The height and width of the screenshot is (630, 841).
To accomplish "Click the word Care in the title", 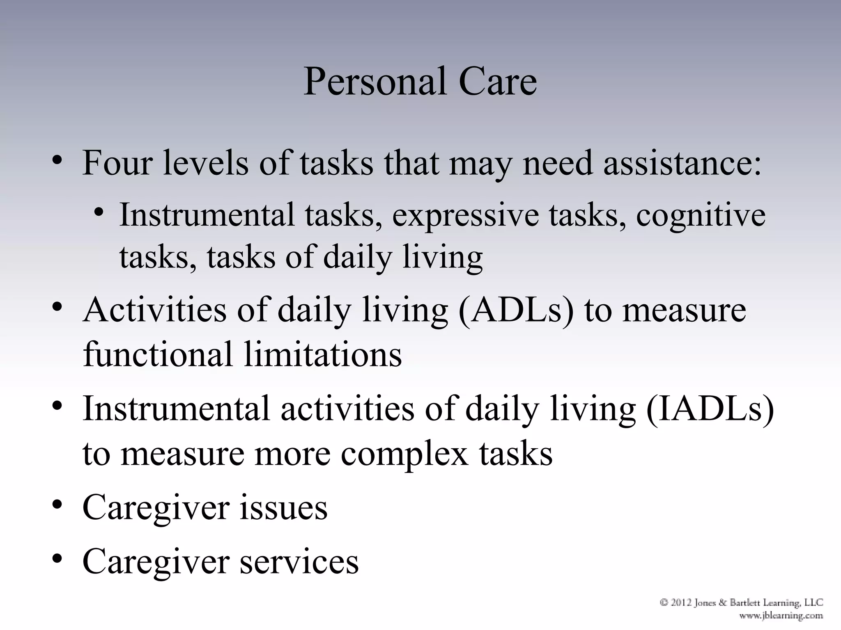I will [x=497, y=82].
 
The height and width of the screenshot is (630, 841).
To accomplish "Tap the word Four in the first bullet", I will [x=117, y=163].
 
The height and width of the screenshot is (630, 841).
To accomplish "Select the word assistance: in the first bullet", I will [x=682, y=163].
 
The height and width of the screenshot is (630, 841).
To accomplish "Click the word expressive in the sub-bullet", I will [x=465, y=215].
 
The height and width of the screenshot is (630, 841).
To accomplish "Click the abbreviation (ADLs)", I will [x=516, y=310].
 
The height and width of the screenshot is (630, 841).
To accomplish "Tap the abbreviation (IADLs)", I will [x=710, y=409].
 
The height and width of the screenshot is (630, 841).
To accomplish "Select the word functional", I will [x=158, y=354].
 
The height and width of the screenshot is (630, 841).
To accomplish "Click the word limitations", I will [x=323, y=354].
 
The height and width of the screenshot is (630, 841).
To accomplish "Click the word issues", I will [x=283, y=508].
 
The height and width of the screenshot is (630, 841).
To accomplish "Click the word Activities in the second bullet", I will [x=154, y=310].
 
